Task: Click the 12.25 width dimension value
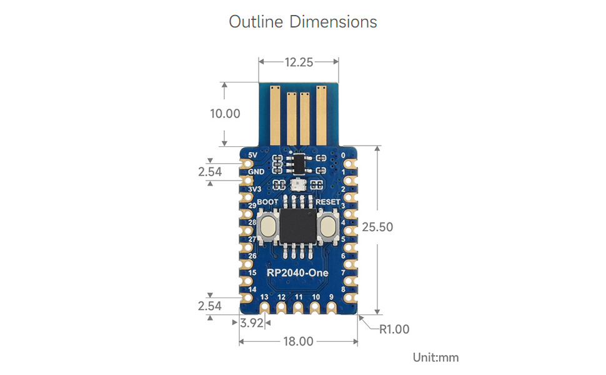[299, 62]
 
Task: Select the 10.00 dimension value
[225, 114]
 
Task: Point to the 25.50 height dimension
[378, 227]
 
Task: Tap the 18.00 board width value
[298, 341]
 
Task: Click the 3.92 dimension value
[252, 323]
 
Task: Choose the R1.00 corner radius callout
[394, 329]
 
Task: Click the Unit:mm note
[435, 357]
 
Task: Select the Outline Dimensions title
[303, 22]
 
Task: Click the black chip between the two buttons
[299, 226]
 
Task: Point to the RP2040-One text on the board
[297, 272]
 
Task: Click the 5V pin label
[252, 155]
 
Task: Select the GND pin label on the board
[256, 172]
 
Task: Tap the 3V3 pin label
[254, 189]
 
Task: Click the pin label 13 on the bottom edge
[264, 297]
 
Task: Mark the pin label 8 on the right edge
[344, 289]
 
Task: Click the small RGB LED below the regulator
[298, 184]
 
